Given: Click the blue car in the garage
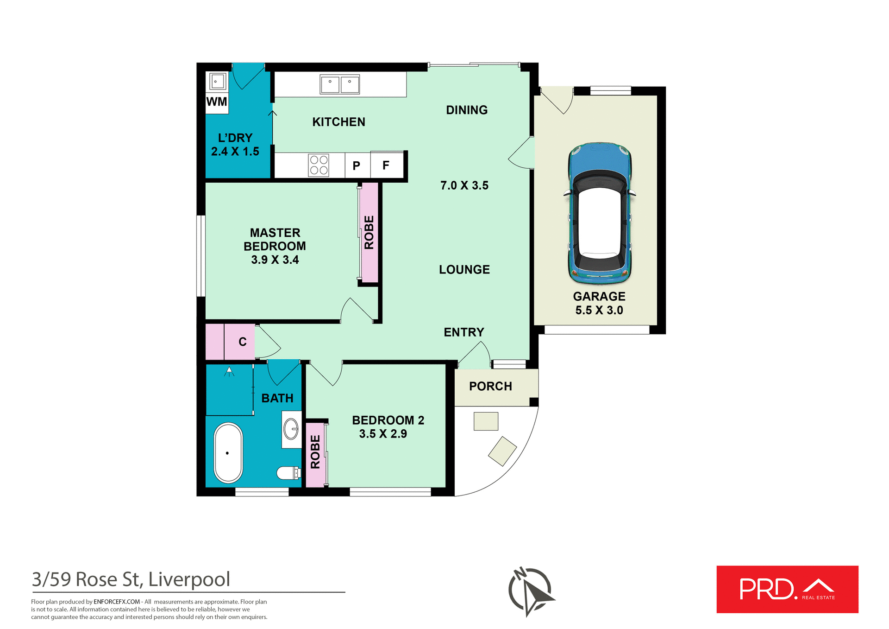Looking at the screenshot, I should (599, 213).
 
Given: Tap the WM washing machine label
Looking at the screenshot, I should (217, 102).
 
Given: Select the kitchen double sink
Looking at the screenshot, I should (340, 84).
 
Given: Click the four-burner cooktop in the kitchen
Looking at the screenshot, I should (319, 165).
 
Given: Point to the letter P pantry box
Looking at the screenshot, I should (357, 165).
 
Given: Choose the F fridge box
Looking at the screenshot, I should (386, 165).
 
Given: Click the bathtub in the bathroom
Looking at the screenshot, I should (228, 453).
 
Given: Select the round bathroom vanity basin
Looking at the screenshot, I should (291, 429).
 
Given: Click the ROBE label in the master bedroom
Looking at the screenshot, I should (369, 232).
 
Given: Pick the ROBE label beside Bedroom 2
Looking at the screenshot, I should (315, 452).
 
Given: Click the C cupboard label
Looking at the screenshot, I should (242, 342).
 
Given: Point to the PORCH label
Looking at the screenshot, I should (490, 386).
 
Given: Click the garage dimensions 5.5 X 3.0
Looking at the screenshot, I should (599, 310).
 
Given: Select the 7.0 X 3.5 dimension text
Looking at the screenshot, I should (464, 185).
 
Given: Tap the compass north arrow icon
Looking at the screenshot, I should (531, 591).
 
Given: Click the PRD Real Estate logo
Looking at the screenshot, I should (787, 589).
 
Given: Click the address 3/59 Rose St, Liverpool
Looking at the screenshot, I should (131, 579).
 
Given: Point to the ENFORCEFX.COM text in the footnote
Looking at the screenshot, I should (117, 602).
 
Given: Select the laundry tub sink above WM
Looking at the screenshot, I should (218, 82).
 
